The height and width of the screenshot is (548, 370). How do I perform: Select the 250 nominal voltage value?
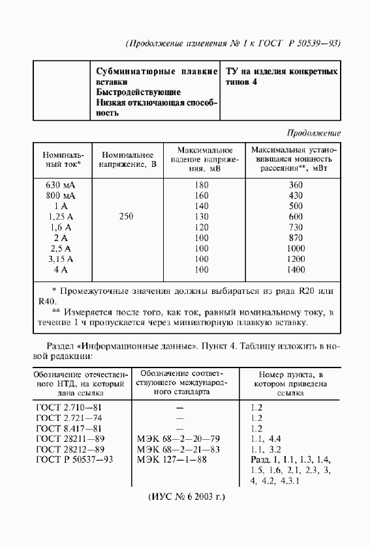pyautogui.click(x=127, y=216)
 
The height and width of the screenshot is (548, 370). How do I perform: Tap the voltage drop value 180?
pyautogui.click(x=202, y=185)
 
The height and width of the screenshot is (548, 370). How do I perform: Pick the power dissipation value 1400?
pyautogui.click(x=296, y=269)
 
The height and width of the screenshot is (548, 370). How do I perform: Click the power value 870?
pyautogui.click(x=296, y=238)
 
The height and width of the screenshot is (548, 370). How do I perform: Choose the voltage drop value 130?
pyautogui.click(x=202, y=216)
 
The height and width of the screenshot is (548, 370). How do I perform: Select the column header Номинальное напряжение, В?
pyautogui.click(x=127, y=160)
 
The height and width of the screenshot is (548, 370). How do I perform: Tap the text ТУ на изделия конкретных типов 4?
pyautogui.click(x=281, y=77)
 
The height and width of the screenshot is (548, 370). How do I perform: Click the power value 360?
pyautogui.click(x=296, y=185)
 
